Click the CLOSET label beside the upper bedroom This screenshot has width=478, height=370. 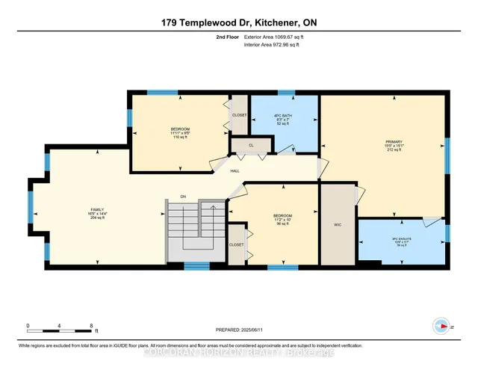point(239,116)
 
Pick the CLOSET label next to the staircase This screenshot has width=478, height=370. point(236,244)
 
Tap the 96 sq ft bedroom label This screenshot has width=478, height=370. point(283,220)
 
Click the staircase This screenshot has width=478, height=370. point(194,232)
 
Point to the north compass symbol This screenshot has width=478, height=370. point(441,325)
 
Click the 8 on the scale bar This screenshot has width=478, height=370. point(91,327)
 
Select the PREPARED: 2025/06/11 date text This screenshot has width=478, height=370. point(240,330)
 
